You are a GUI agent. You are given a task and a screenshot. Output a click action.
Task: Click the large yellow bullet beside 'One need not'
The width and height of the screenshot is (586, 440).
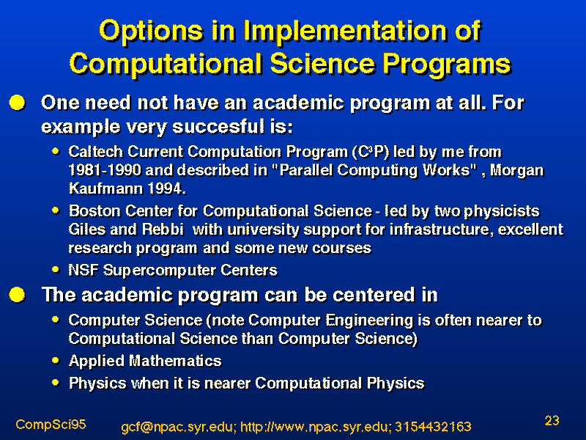pos(17,103)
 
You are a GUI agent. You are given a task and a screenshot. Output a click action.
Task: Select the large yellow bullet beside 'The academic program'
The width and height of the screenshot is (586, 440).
pos(17,295)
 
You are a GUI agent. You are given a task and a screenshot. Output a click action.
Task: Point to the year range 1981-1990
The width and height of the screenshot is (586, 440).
pos(105,170)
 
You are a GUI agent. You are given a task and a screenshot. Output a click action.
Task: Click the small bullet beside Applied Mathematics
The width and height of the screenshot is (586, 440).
pos(56,360)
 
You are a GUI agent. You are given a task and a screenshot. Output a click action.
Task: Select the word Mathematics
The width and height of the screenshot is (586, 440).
pos(175,361)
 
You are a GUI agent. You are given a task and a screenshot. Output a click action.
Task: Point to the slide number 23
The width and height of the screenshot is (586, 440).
pos(552,420)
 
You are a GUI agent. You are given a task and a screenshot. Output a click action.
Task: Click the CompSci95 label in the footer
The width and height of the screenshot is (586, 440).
pos(51,425)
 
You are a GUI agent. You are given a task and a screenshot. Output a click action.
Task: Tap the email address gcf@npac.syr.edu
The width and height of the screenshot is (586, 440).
pos(179,427)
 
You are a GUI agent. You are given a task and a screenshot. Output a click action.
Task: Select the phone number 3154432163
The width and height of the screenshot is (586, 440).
pos(433,427)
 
